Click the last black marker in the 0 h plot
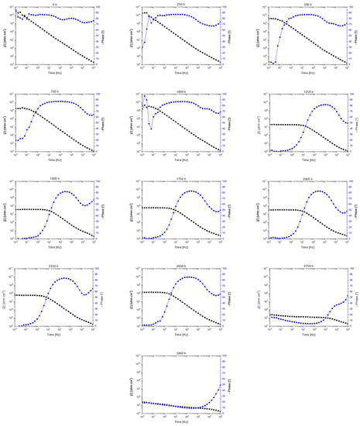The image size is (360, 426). point(94,63)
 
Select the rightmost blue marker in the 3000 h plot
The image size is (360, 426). point(219,389)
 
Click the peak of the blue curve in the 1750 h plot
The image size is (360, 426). point(189,191)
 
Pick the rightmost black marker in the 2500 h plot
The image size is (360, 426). point(219,324)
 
